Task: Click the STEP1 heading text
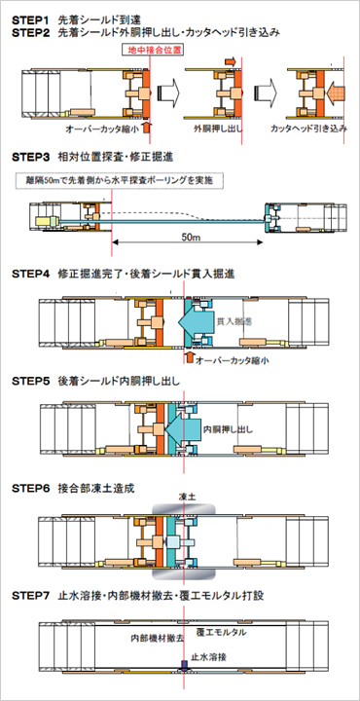pyautogui.click(x=34, y=18)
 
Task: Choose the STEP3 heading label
pyautogui.click(x=34, y=156)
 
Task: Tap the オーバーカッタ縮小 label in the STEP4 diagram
pyautogui.click(x=233, y=359)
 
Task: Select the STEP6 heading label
pyautogui.click(x=34, y=484)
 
